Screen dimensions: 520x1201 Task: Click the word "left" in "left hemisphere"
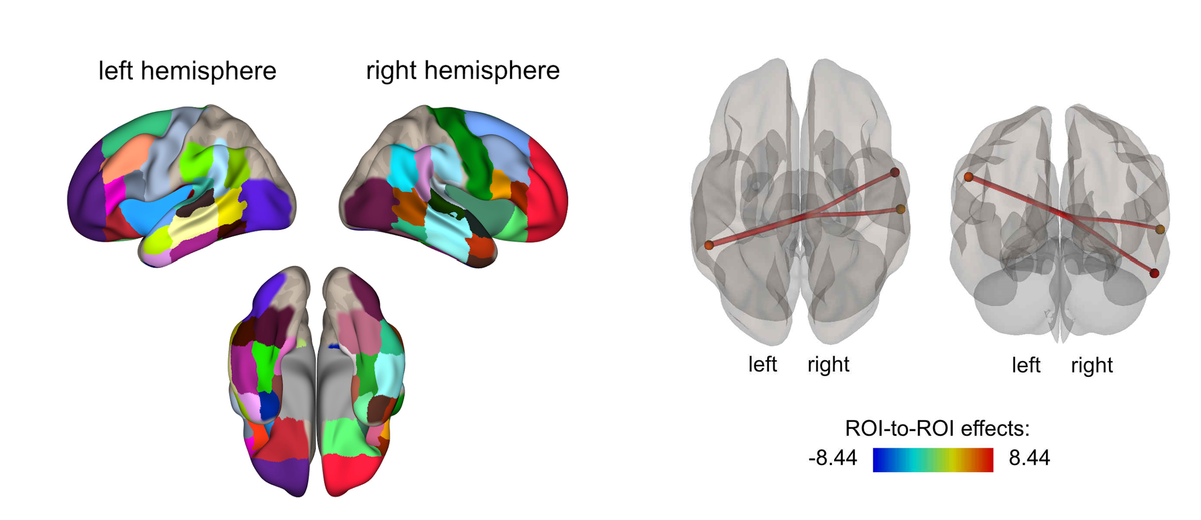click(x=116, y=71)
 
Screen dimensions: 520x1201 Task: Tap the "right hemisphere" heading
click(x=462, y=71)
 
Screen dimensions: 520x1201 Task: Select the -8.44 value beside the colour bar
click(x=832, y=458)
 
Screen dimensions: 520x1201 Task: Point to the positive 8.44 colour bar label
click(x=1029, y=458)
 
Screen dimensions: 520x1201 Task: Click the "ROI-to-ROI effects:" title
click(x=937, y=429)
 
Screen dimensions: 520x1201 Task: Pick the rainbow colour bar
click(x=932, y=460)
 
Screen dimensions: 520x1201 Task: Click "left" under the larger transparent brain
click(x=762, y=364)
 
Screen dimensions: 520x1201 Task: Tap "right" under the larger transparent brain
click(x=828, y=364)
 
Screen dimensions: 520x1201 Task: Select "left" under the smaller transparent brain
click(x=1026, y=366)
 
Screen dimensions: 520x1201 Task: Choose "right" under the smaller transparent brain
click(x=1091, y=366)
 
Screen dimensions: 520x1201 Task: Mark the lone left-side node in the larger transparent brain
click(x=709, y=245)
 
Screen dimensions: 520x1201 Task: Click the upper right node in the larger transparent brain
click(x=894, y=172)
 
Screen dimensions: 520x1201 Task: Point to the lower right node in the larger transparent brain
click(x=900, y=209)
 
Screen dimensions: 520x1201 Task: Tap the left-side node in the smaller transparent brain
click(x=969, y=177)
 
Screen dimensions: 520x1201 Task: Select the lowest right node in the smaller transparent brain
click(x=1154, y=273)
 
